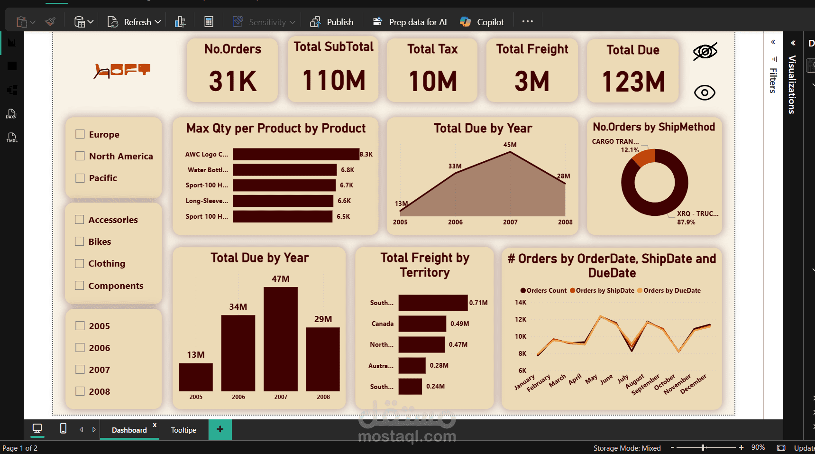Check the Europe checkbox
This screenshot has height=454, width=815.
click(x=80, y=134)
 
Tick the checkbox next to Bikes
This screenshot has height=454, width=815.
click(x=80, y=241)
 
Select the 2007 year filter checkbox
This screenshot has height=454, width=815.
click(x=80, y=370)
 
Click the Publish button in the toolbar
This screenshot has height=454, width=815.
click(x=332, y=22)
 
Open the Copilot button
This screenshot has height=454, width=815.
click(x=482, y=22)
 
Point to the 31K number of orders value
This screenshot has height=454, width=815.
click(x=232, y=81)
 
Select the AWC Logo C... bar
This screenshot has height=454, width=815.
click(x=296, y=154)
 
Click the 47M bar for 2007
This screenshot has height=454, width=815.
click(x=281, y=339)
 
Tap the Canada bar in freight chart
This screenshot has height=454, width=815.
click(x=422, y=324)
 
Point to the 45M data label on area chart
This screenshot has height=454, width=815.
click(x=510, y=145)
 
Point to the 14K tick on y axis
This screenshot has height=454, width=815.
click(x=521, y=302)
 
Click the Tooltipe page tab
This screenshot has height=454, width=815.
click(x=183, y=430)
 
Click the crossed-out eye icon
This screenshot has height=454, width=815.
click(x=705, y=51)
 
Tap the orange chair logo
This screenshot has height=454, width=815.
click(x=122, y=70)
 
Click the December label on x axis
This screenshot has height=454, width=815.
click(x=693, y=384)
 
